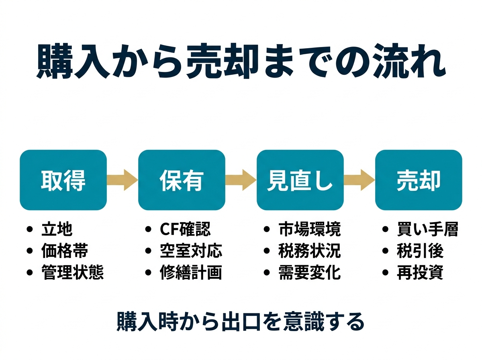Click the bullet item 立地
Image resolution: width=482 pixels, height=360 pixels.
(57, 229)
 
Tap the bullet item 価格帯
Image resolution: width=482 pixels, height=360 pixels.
(64, 251)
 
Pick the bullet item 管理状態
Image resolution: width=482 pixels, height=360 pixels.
(72, 272)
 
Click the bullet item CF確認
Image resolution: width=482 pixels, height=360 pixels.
(185, 229)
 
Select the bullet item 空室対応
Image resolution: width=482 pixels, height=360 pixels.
(191, 251)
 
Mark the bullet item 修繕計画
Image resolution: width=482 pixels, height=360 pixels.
(191, 272)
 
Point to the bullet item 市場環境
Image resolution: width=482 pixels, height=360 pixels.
(309, 229)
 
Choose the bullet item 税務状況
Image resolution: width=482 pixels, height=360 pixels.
(309, 251)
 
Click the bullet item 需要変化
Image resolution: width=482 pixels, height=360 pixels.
(309, 272)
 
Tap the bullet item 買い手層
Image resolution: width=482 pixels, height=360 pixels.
(427, 229)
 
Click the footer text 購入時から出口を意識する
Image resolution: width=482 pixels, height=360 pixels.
(241, 321)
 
